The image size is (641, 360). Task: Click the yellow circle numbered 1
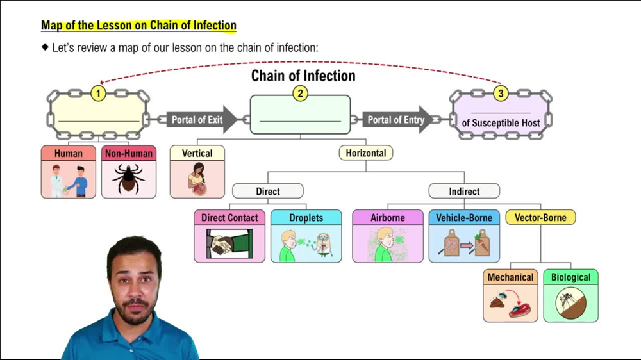pyautogui.click(x=98, y=94)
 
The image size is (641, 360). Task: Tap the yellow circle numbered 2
pyautogui.click(x=299, y=94)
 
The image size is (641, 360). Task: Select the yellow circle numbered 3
pyautogui.click(x=501, y=94)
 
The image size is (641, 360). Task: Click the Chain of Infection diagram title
pyautogui.click(x=303, y=76)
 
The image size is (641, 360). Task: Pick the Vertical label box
pyautogui.click(x=197, y=153)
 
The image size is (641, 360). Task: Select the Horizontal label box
pyautogui.click(x=365, y=153)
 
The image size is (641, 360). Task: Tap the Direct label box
pyautogui.click(x=267, y=191)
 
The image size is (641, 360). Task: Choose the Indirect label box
pyautogui.click(x=463, y=191)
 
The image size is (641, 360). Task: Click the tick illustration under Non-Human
pyautogui.click(x=128, y=179)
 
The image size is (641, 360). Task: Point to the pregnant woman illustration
pyautogui.click(x=197, y=179)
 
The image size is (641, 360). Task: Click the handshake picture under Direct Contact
pyautogui.click(x=229, y=244)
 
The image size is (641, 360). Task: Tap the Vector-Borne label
pyautogui.click(x=540, y=218)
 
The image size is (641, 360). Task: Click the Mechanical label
pyautogui.click(x=510, y=277)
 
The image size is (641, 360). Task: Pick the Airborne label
pyautogui.click(x=387, y=218)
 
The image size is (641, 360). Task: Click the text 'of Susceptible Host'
pyautogui.click(x=501, y=122)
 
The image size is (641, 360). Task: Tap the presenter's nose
pyautogui.click(x=133, y=286)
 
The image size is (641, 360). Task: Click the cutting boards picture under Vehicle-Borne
pyautogui.click(x=463, y=244)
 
